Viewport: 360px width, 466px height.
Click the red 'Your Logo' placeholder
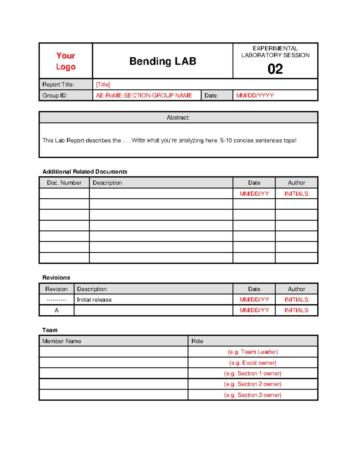point(66,61)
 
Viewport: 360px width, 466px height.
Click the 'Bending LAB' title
point(163,61)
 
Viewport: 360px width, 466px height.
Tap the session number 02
point(275,69)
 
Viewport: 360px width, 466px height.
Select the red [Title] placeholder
point(103,85)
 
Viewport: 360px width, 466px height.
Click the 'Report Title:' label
point(58,85)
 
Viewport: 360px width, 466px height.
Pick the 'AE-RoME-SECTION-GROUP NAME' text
point(144,95)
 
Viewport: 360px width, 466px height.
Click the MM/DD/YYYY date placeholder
point(255,95)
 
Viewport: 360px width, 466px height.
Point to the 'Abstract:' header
point(178,118)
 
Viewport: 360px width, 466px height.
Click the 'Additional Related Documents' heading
point(85,172)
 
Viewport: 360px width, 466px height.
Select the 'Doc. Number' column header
point(64,183)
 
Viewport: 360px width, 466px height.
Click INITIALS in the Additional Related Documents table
point(296,194)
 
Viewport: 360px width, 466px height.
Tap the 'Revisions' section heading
point(56,278)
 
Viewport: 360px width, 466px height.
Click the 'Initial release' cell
point(94,300)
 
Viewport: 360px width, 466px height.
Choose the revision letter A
point(56,310)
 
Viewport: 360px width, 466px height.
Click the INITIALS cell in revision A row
point(296,310)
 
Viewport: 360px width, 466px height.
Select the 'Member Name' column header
point(61,341)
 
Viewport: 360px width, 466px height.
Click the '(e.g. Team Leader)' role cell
point(253,352)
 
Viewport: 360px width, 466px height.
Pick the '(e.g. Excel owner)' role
point(253,363)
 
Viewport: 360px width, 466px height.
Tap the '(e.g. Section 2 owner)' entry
point(253,384)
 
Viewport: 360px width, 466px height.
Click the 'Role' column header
point(197,341)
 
